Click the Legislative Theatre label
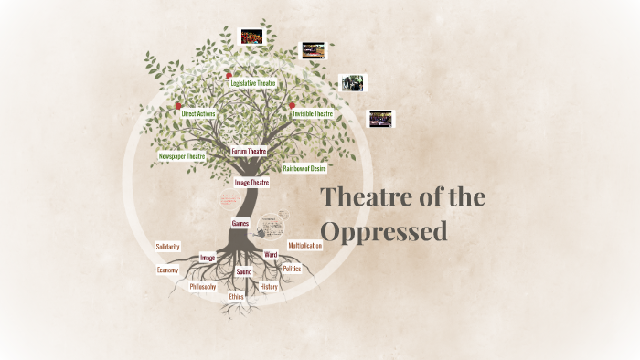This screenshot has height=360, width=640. click(253, 83)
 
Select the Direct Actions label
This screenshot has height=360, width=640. click(197, 113)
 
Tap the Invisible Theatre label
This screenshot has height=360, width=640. click(312, 114)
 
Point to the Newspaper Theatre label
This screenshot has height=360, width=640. click(181, 156)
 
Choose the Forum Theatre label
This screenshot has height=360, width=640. click(248, 151)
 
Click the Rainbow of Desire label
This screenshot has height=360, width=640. click(304, 168)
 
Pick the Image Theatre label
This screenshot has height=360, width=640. click(251, 183)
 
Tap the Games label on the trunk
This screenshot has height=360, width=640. click(240, 223)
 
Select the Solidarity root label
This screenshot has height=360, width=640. click(167, 247)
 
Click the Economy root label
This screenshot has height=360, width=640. click(166, 270)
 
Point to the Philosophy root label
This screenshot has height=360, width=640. click(203, 287)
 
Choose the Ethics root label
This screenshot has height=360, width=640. click(237, 297)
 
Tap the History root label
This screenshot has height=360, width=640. click(269, 287)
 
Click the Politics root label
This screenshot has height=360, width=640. click(292, 269)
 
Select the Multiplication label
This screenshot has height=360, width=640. click(305, 246)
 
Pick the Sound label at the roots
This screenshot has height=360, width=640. click(244, 272)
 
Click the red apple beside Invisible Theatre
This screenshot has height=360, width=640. click(292, 106)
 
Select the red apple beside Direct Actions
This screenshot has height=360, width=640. click(178, 107)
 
